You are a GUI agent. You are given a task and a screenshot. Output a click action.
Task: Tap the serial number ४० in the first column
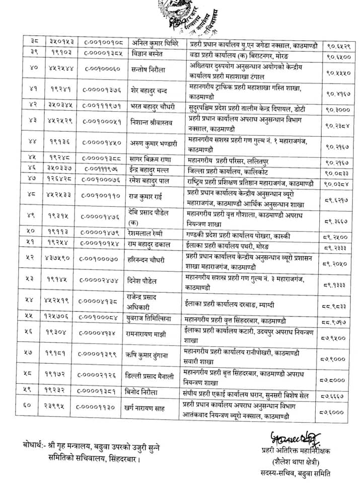point(34,68)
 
